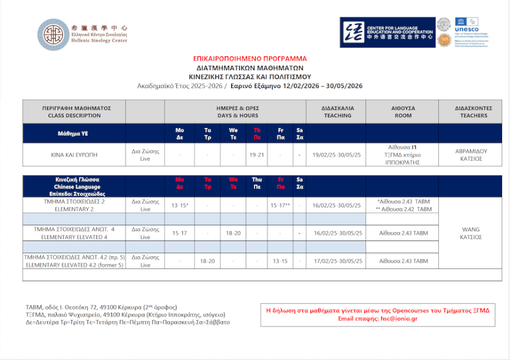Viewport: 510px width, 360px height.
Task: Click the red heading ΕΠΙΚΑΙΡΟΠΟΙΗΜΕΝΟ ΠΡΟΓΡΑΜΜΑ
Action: click(250, 59)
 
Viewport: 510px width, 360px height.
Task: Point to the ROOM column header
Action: click(403, 112)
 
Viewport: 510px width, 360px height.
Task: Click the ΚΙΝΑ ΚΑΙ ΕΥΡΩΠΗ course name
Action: click(74, 155)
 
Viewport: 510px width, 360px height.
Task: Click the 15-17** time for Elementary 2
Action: click(280, 205)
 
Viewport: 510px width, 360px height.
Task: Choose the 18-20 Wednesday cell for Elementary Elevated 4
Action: click(233, 233)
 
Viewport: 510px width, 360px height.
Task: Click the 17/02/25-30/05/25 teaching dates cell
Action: click(337, 261)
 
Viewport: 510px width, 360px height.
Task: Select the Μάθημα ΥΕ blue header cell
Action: click(74, 133)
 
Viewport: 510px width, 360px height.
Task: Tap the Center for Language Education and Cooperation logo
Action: click(388, 32)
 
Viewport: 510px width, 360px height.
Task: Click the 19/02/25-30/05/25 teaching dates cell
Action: click(337, 155)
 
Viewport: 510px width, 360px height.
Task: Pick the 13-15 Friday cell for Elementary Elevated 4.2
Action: click(280, 261)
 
